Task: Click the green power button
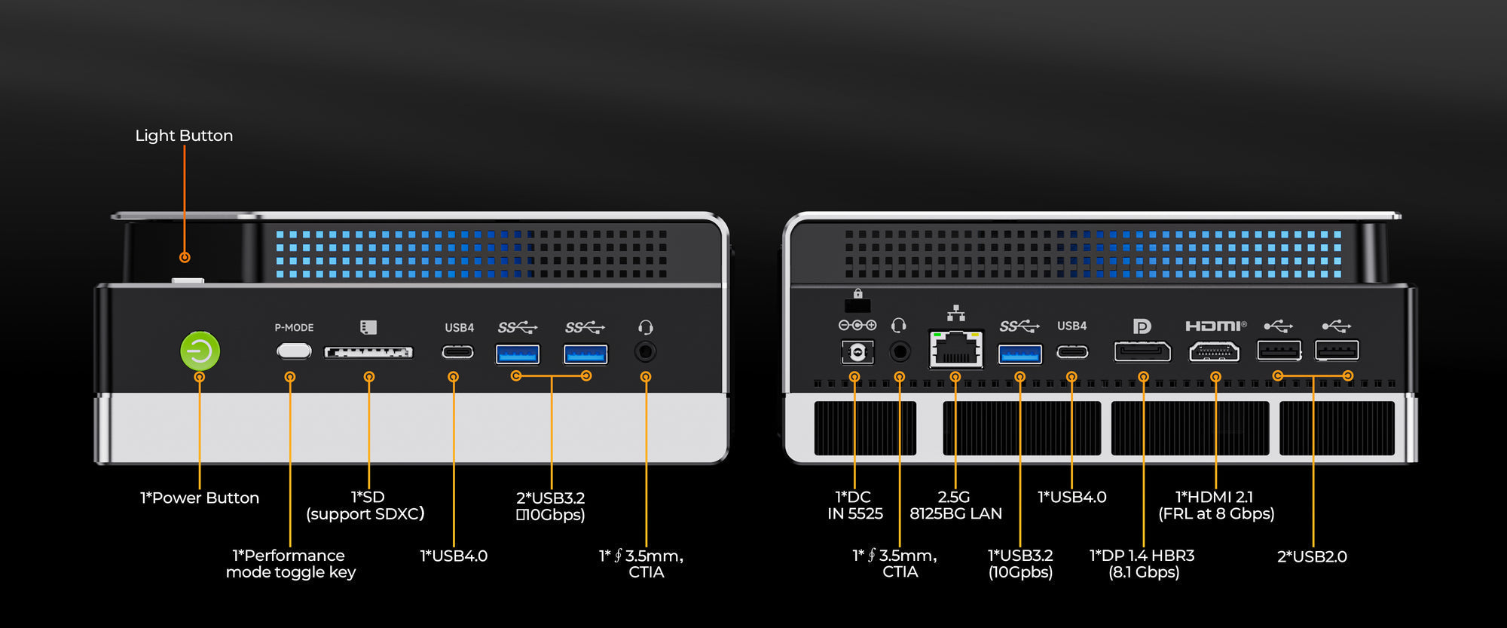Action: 200,351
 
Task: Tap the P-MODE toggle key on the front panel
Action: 294,351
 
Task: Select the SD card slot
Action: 368,352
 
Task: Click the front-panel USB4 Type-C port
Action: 457,352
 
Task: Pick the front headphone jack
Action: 645,351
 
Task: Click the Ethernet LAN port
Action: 956,348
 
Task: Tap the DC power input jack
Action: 857,352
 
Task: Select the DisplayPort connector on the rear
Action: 1142,351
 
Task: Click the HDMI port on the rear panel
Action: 1214,351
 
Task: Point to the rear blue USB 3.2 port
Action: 1020,354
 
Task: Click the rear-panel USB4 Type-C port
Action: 1072,352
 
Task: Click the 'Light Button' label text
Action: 184,136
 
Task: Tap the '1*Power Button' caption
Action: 200,498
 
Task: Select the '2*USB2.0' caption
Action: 1312,556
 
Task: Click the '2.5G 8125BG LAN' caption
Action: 955,505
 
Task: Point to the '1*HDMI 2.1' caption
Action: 1215,497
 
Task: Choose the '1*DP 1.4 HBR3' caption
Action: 1142,556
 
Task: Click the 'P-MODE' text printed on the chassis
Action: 294,328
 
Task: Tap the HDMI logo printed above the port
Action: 1215,326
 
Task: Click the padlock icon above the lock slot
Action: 857,293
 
